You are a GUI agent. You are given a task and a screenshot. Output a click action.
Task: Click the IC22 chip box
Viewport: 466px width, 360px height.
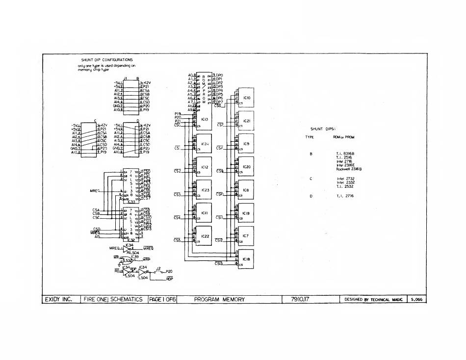coord(205,236)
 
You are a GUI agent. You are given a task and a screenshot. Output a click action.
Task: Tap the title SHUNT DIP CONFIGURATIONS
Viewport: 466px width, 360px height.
coord(107,60)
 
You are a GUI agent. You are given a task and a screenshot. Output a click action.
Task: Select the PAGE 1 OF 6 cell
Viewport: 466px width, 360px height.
coord(162,299)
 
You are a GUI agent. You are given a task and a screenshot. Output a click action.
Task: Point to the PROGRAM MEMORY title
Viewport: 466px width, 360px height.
coord(219,299)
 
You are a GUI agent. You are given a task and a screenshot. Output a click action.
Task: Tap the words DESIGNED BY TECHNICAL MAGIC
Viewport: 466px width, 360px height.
coord(374,299)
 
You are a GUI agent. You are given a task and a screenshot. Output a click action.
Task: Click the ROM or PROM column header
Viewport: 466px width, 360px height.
coord(343,137)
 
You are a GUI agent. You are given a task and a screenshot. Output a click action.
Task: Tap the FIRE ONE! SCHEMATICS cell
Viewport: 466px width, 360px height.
coord(113,299)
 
